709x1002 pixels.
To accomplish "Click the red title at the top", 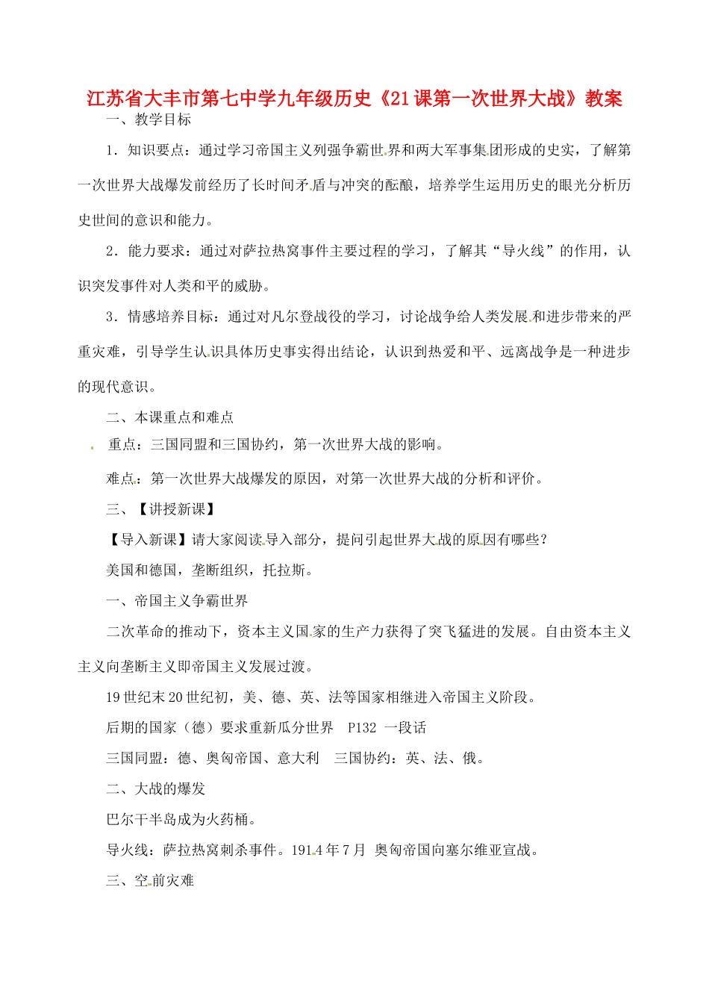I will coord(354,98).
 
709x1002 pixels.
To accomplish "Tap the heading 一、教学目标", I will coord(149,119).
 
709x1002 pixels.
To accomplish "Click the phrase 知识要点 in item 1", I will coord(155,150).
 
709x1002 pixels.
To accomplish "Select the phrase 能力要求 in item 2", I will coord(156,251).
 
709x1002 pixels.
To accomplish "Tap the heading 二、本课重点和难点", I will coord(169,417).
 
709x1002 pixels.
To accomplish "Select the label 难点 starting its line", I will coord(120,479).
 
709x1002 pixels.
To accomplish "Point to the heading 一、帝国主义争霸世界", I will coord(177,601).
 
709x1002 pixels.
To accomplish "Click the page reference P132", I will coord(362,728).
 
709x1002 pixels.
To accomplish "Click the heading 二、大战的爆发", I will coord(155,789).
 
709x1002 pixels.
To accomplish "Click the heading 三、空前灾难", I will coord(149,881).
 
